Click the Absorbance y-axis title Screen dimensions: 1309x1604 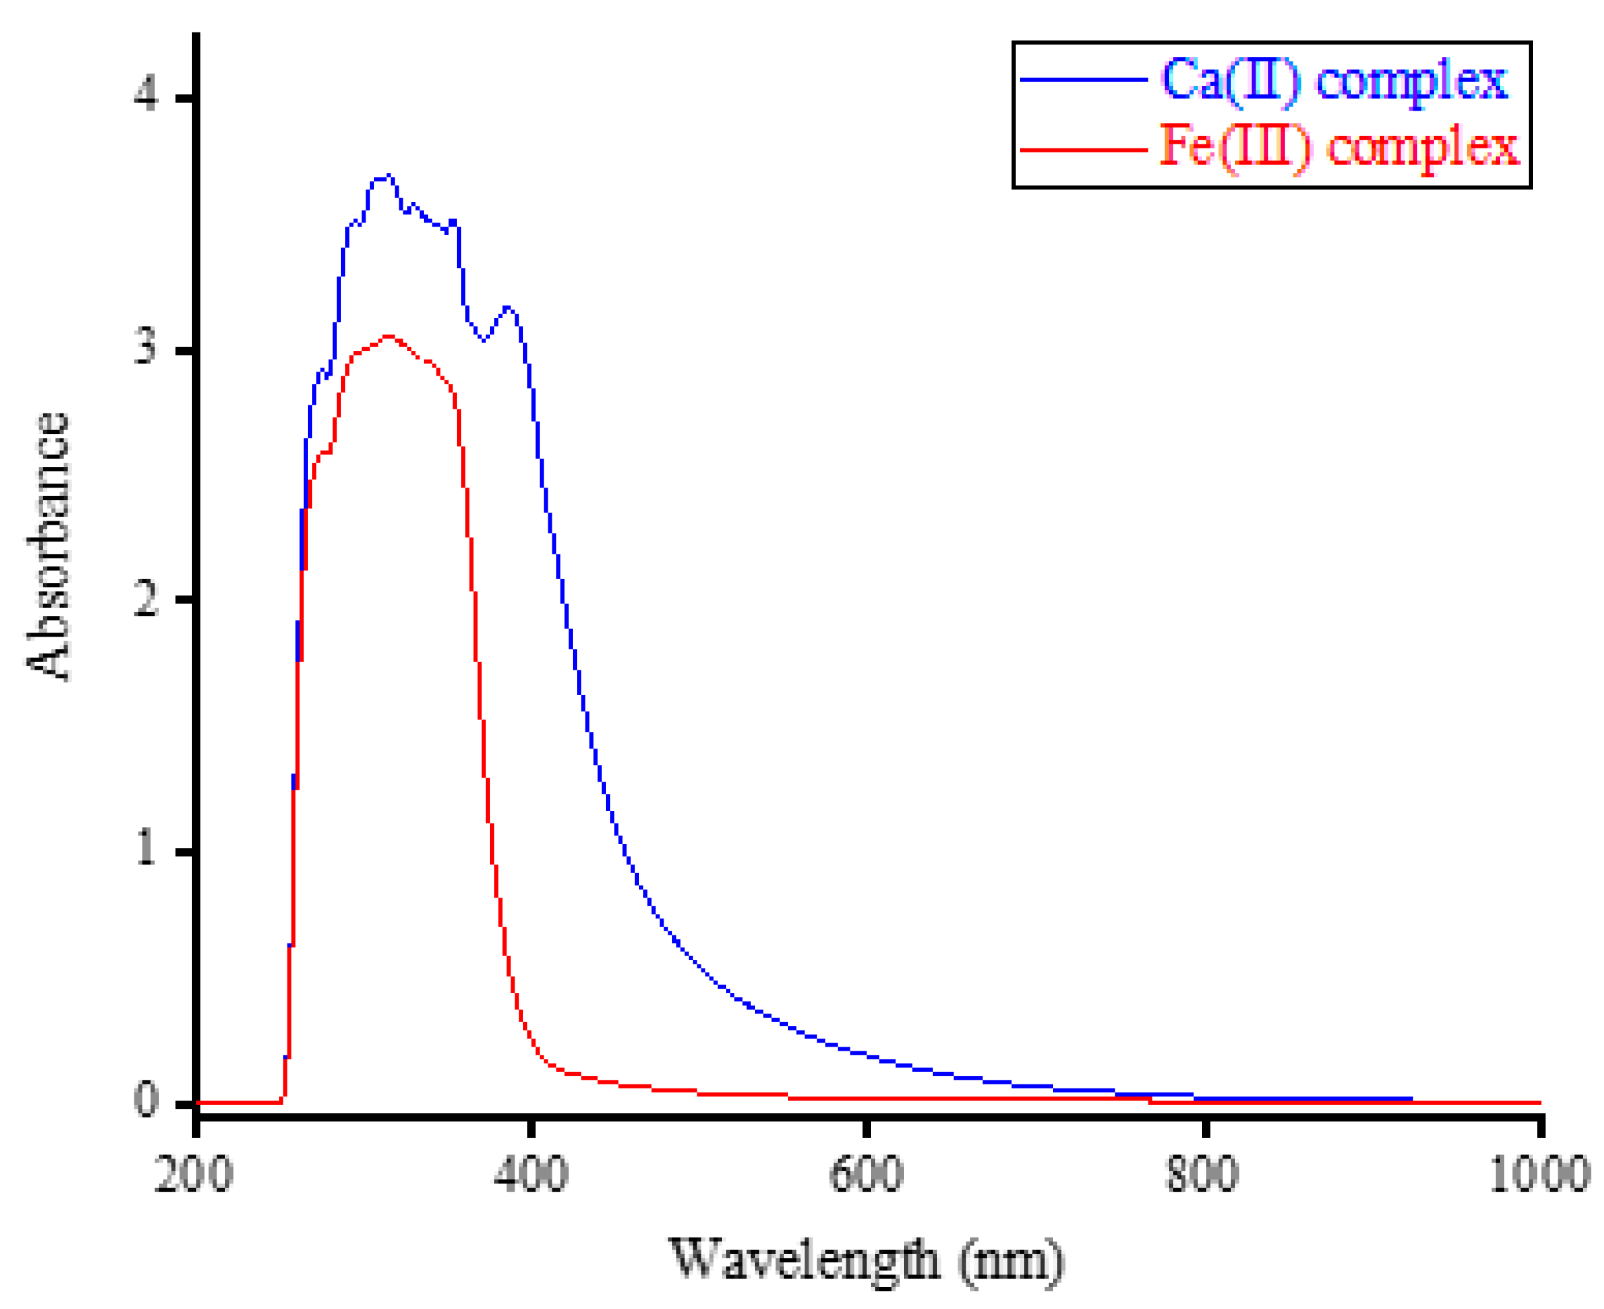coord(47,547)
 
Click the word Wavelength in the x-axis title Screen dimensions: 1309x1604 coord(805,1259)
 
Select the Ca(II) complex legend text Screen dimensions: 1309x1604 coord(1334,80)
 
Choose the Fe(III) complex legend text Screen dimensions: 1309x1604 coord(1338,146)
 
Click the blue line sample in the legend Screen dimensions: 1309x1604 coord(1083,79)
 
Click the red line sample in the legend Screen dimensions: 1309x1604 coord(1083,149)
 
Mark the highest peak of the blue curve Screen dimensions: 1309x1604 coord(388,176)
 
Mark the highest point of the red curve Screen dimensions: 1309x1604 coord(388,337)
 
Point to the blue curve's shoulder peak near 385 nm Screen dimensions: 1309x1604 coord(508,307)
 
